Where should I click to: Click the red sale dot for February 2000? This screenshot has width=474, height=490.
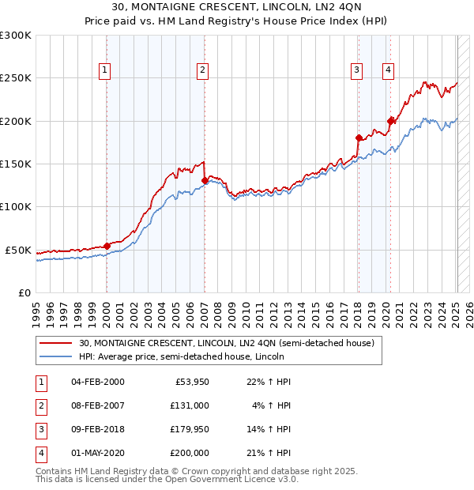(x=107, y=246)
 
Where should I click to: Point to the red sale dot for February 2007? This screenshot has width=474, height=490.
(x=205, y=180)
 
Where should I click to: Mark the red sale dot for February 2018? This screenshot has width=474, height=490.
(x=359, y=138)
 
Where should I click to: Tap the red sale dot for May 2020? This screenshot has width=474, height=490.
(x=390, y=121)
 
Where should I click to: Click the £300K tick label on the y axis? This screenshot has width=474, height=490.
(x=16, y=36)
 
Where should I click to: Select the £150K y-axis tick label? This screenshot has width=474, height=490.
(x=16, y=164)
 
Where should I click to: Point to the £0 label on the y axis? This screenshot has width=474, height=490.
(x=25, y=292)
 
